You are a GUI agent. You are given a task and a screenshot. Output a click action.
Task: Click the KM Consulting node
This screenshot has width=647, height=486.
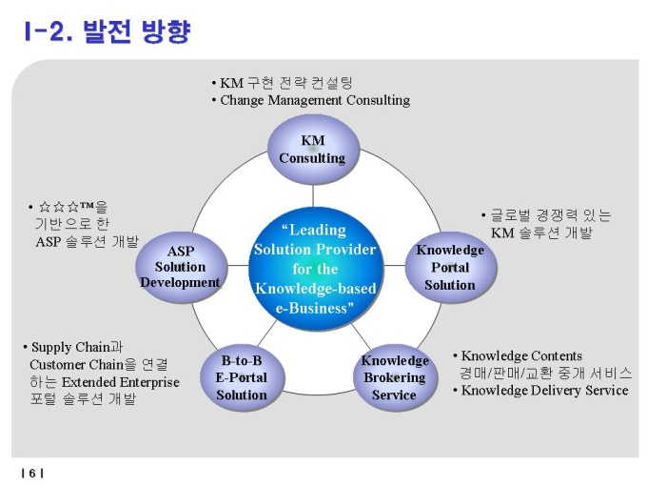pyautogui.click(x=312, y=150)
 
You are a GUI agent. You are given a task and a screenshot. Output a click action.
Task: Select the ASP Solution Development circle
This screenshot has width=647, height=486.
pyautogui.click(x=181, y=266)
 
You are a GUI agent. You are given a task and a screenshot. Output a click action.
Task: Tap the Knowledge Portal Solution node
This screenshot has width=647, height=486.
pyautogui.click(x=450, y=267)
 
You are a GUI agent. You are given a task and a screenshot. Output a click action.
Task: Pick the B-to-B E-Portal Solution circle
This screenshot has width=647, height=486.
pyautogui.click(x=242, y=377)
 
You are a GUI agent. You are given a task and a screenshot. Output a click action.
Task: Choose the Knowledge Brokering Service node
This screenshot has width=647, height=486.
pyautogui.click(x=394, y=377)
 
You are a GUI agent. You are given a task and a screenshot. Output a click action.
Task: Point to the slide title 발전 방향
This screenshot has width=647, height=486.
pyautogui.click(x=137, y=33)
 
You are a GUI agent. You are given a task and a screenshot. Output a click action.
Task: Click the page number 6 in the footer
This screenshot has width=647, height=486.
pyautogui.click(x=31, y=473)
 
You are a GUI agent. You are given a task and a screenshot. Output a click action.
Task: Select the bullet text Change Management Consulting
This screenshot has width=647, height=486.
pyautogui.click(x=315, y=100)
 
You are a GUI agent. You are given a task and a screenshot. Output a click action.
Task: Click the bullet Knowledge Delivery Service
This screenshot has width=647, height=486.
pyautogui.click(x=544, y=390)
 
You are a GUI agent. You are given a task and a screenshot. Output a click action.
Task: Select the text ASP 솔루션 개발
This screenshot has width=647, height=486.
pyautogui.click(x=87, y=241)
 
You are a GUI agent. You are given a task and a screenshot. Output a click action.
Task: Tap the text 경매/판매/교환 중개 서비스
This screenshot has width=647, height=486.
pyautogui.click(x=546, y=373)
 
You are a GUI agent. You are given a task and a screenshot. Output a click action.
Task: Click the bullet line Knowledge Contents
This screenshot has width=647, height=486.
pyautogui.click(x=521, y=355)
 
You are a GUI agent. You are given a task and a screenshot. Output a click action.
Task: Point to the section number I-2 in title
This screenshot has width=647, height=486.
pyautogui.click(x=48, y=33)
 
